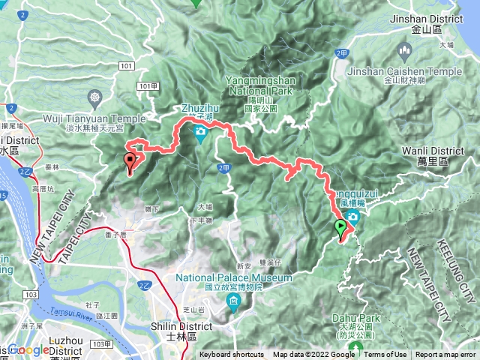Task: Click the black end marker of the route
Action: [130, 160]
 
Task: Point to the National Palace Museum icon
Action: [232, 302]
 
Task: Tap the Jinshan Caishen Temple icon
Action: [406, 52]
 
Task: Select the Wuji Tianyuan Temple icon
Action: [94, 98]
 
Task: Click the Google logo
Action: [28, 349]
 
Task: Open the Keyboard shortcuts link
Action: [232, 355]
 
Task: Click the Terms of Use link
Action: [385, 355]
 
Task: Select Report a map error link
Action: [445, 355]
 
